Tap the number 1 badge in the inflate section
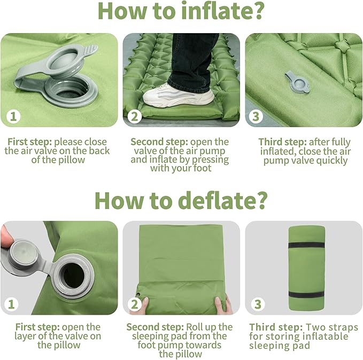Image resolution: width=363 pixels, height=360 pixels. (12, 116)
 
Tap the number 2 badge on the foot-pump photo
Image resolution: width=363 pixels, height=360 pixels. (135, 116)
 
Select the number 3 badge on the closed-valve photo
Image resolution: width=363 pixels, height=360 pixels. (257, 116)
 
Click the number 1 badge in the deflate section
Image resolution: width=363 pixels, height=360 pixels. (12, 304)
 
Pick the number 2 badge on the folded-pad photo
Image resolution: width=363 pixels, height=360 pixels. (135, 304)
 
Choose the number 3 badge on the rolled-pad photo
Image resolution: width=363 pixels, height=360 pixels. (257, 304)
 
